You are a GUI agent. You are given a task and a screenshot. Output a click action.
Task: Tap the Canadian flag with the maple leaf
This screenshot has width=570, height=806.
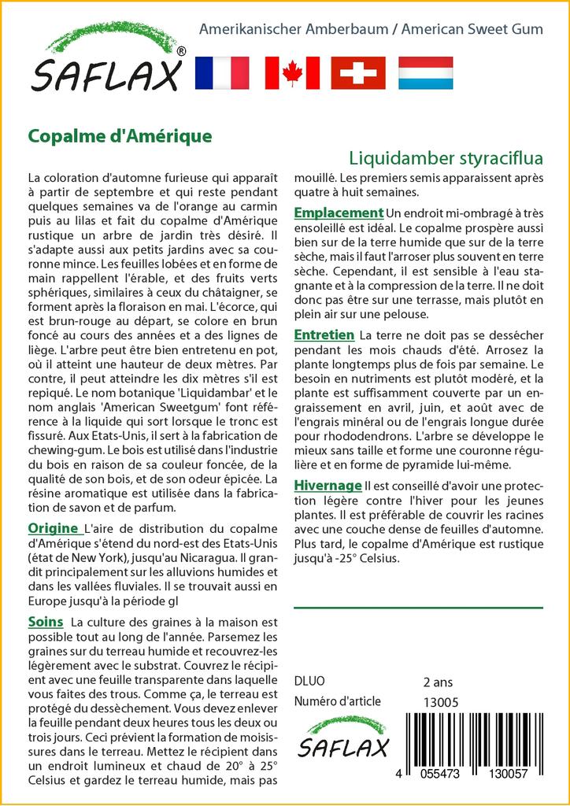pyautogui.click(x=292, y=73)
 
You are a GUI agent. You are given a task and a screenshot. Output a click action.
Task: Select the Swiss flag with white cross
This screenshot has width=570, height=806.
pyautogui.click(x=358, y=73)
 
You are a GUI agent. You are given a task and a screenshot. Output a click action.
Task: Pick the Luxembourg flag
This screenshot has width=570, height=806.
pyautogui.click(x=425, y=73)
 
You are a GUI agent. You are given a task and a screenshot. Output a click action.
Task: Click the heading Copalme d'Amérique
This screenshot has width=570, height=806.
pyautogui.click(x=120, y=135)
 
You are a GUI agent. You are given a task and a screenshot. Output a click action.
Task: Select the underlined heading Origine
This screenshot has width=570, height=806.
pyautogui.click(x=53, y=528)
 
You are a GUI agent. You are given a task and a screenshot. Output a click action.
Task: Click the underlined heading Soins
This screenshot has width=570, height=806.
pyautogui.click(x=46, y=622)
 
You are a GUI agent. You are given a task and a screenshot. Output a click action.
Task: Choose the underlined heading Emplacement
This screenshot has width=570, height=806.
pyautogui.click(x=339, y=213)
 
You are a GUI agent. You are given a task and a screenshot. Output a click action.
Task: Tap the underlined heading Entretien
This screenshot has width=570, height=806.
pyautogui.click(x=324, y=335)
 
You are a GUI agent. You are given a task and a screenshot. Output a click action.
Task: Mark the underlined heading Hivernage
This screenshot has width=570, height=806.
pyautogui.click(x=328, y=486)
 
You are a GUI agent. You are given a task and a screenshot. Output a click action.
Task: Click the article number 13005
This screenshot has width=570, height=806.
pyautogui.click(x=441, y=701)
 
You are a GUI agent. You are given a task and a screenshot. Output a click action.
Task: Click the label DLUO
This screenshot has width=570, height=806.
pyautogui.click(x=309, y=681)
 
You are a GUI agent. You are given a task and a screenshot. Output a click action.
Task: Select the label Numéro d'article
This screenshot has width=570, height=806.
pyautogui.click(x=337, y=701)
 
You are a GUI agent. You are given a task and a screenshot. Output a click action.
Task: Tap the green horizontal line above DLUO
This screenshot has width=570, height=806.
pyautogui.click(x=418, y=608)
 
